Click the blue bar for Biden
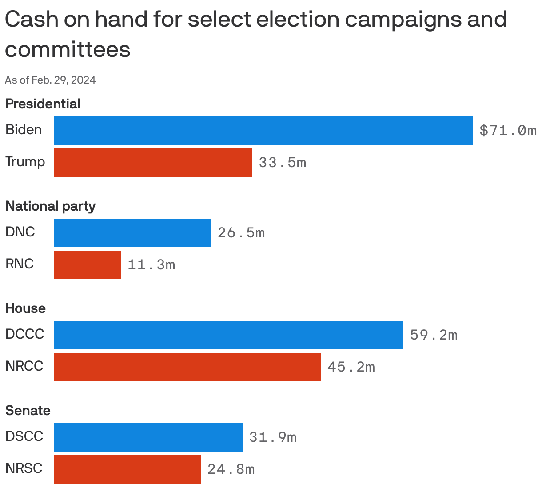pyautogui.click(x=263, y=131)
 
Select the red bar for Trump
pyautogui.click(x=153, y=163)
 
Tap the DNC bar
pyautogui.click(x=132, y=233)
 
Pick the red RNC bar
pyautogui.click(x=87, y=265)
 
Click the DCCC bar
pyautogui.click(x=228, y=335)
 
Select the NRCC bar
pyautogui.click(x=187, y=367)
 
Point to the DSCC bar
pyautogui.click(x=148, y=437)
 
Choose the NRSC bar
pyautogui.click(x=127, y=469)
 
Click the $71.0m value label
pyautogui.click(x=508, y=131)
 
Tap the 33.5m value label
pyautogui.click(x=283, y=163)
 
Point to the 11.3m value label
pyautogui.click(x=151, y=265)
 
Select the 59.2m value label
pyautogui.click(x=434, y=335)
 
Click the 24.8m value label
pyautogui.click(x=231, y=469)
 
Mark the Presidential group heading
pyautogui.click(x=43, y=104)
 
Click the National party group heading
pyautogui.click(x=50, y=206)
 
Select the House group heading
pyautogui.click(x=25, y=308)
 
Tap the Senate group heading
pyautogui.click(x=28, y=411)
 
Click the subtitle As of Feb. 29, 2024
pyautogui.click(x=50, y=80)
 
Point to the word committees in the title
pyautogui.click(x=68, y=49)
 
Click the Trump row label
pyautogui.click(x=25, y=162)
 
